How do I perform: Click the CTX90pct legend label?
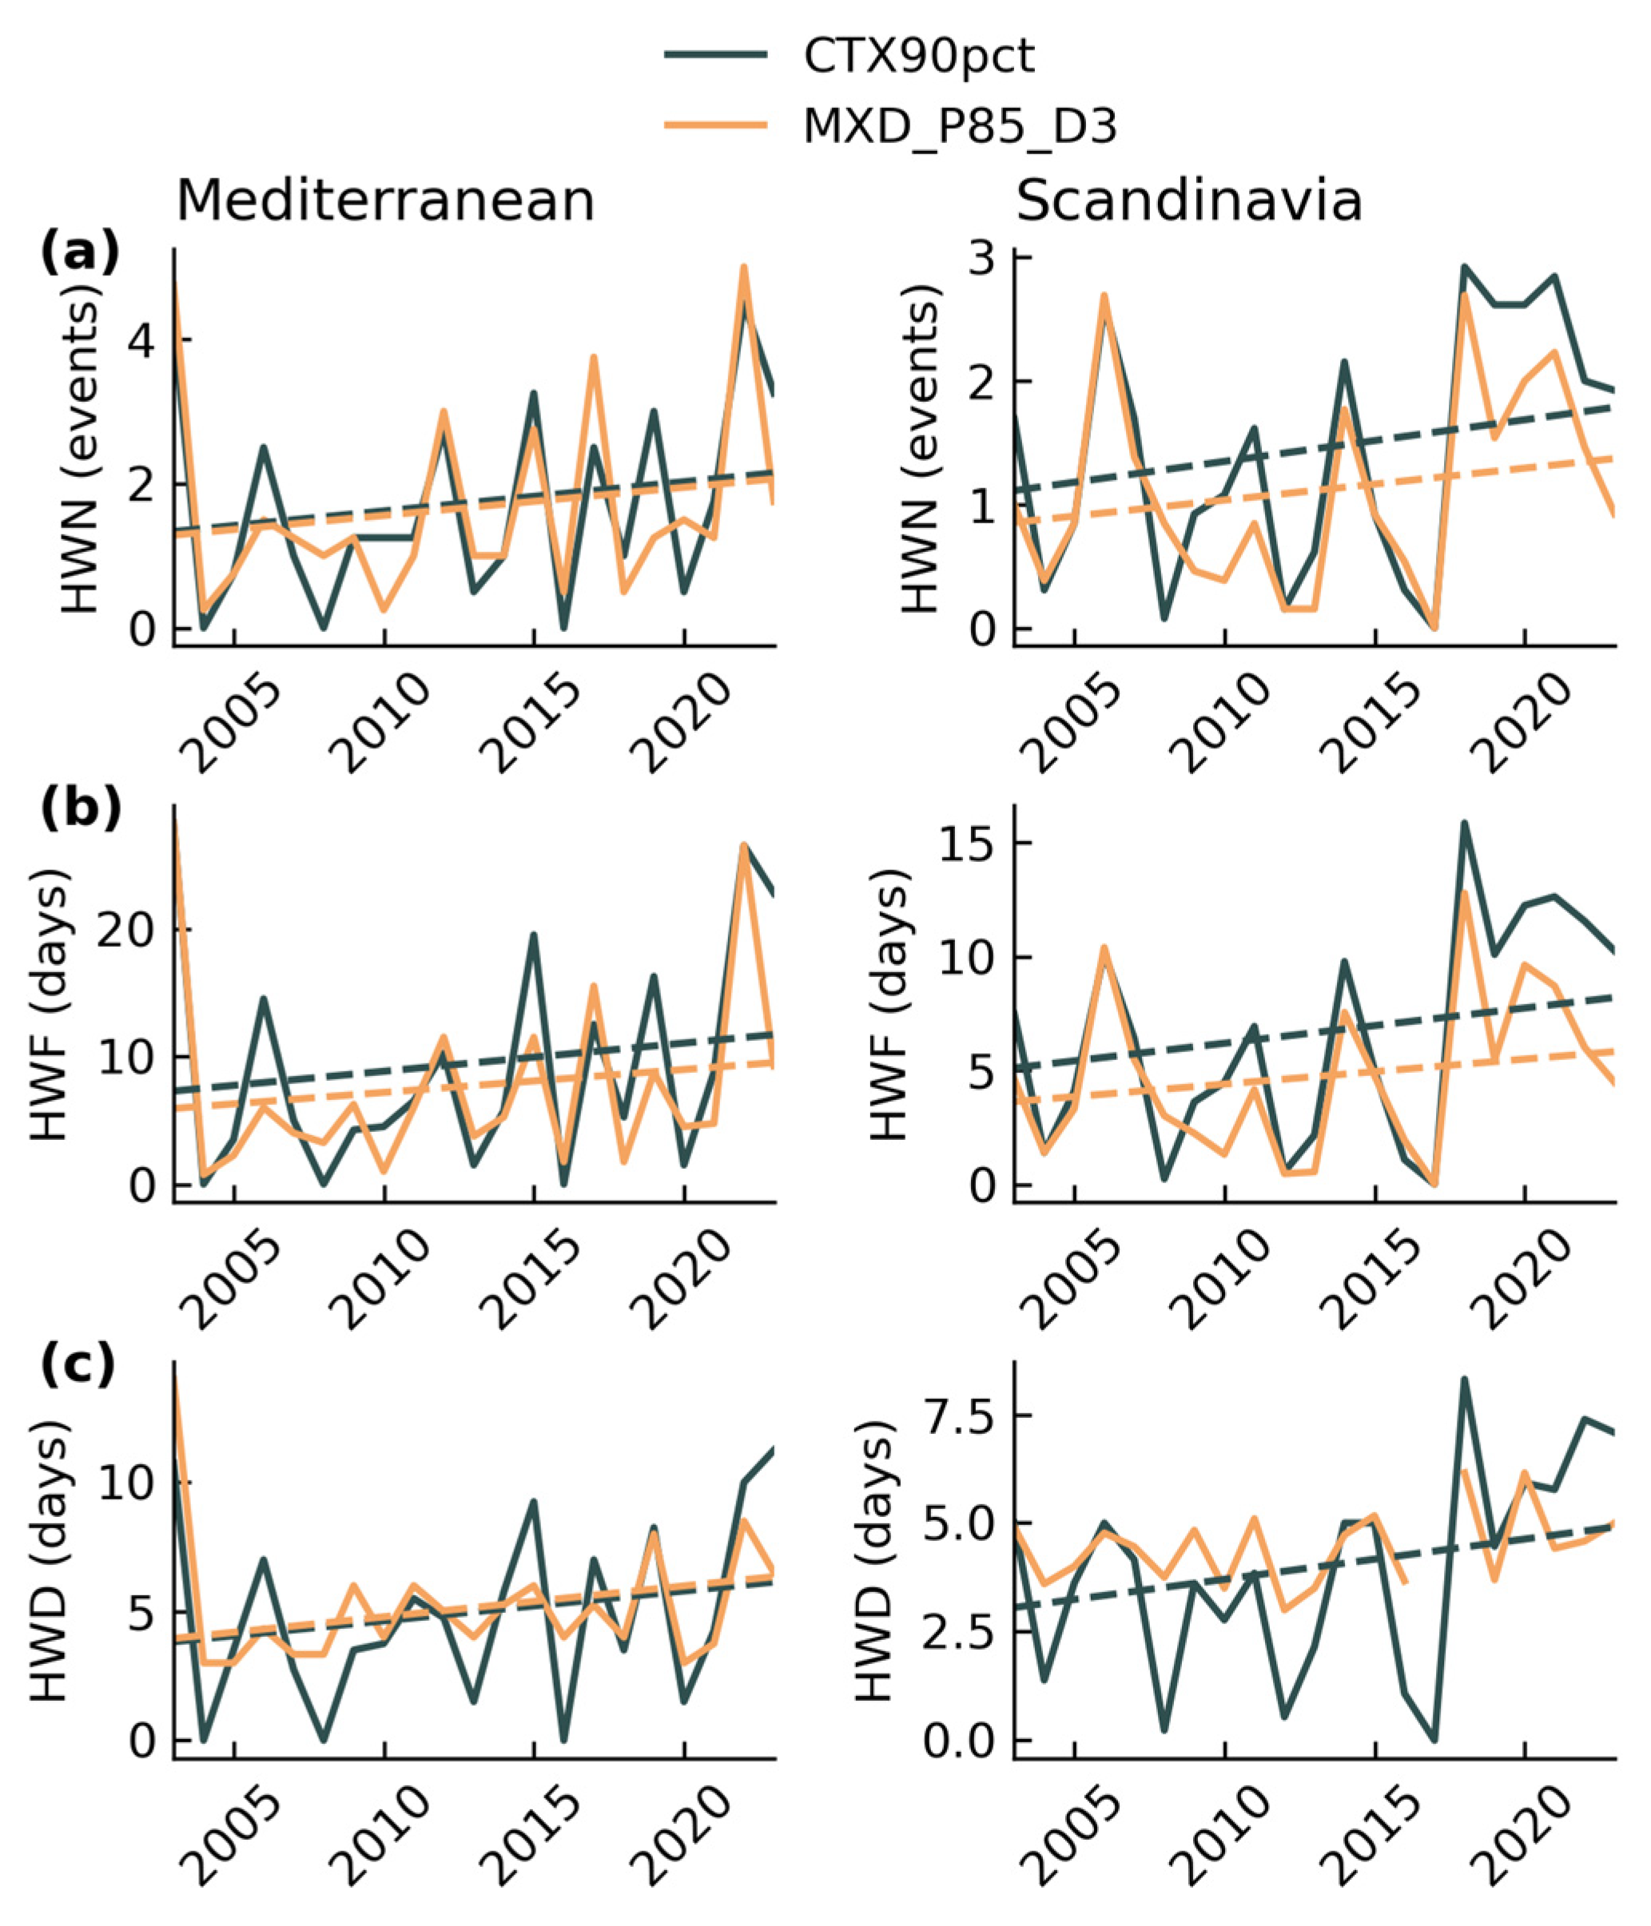point(917,58)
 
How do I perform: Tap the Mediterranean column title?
point(385,201)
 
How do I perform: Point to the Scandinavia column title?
point(1189,201)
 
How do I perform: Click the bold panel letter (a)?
point(80,253)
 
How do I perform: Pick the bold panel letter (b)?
point(80,808)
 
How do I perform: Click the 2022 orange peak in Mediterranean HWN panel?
point(744,268)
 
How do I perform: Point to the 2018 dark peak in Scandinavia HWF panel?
point(1464,823)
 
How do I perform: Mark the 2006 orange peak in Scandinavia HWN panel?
point(1104,296)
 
